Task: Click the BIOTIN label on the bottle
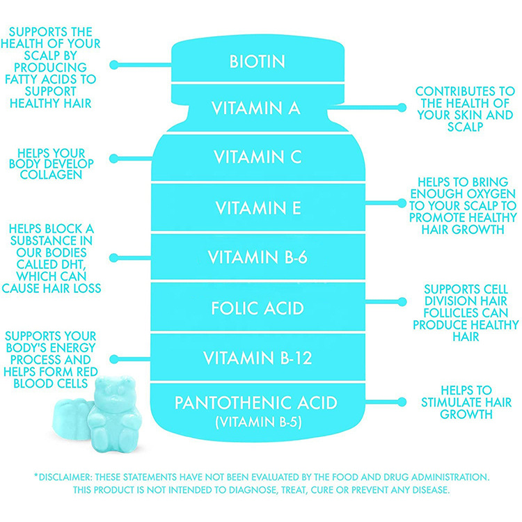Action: (258, 62)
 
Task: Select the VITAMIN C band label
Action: (258, 158)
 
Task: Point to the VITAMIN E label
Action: (258, 207)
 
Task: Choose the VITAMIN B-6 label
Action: (258, 258)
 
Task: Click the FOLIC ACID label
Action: (258, 307)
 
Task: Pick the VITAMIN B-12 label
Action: (258, 358)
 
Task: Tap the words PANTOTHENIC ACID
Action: (257, 402)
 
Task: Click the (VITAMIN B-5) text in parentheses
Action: (257, 422)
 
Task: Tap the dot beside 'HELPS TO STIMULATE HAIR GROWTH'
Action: (402, 402)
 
